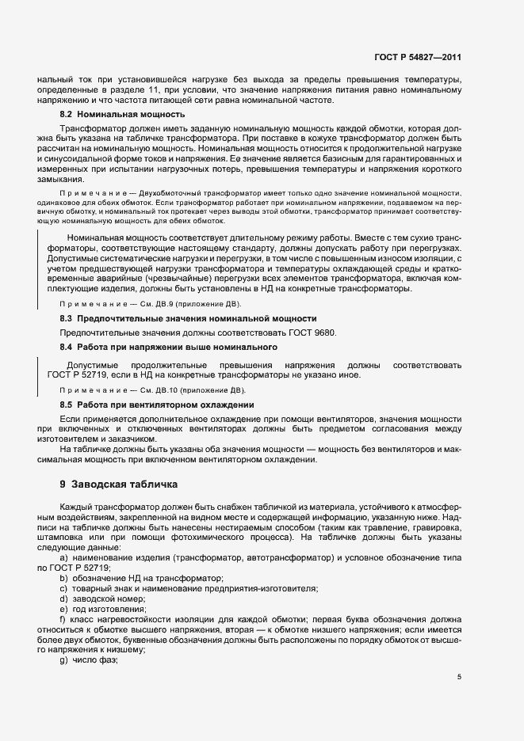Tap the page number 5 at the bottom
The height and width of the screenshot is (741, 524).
tap(459, 677)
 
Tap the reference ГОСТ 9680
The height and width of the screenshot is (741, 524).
tap(314, 332)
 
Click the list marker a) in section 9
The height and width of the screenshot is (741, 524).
tap(63, 559)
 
